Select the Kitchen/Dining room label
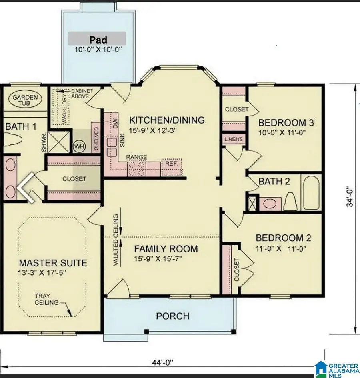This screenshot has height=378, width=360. click(x=167, y=120)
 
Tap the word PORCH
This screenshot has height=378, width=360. click(x=172, y=316)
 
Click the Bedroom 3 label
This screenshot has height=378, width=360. click(x=284, y=122)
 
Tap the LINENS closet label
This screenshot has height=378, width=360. click(x=234, y=139)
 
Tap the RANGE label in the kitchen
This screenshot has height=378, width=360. click(x=136, y=157)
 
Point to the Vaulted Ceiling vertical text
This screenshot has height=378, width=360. click(x=116, y=240)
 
